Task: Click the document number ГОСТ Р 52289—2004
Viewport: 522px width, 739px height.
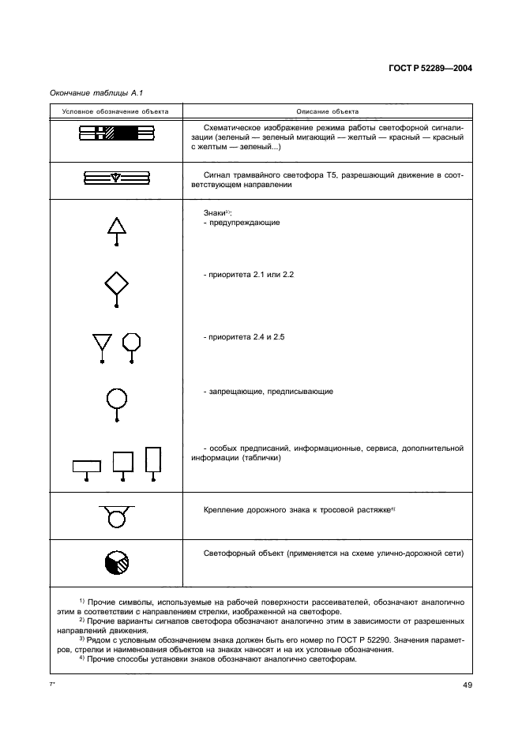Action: pyautogui.click(x=431, y=68)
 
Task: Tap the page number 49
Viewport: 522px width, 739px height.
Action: pyautogui.click(x=467, y=685)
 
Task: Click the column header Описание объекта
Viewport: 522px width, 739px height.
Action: pyautogui.click(x=327, y=111)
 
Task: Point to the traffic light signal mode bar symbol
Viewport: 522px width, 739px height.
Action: pyautogui.click(x=116, y=135)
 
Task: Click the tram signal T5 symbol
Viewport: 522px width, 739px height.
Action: pyautogui.click(x=116, y=178)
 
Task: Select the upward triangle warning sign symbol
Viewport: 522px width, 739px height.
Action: pyautogui.click(x=117, y=227)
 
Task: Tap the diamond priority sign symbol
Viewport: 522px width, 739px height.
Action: pyautogui.click(x=117, y=283)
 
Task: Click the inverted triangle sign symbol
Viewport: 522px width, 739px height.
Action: pyautogui.click(x=102, y=343)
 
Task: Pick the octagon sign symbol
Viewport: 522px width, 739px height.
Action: pyautogui.click(x=132, y=342)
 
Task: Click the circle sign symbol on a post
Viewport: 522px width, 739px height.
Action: pyautogui.click(x=117, y=400)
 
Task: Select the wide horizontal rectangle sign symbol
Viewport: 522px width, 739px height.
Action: pyautogui.click(x=86, y=466)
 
